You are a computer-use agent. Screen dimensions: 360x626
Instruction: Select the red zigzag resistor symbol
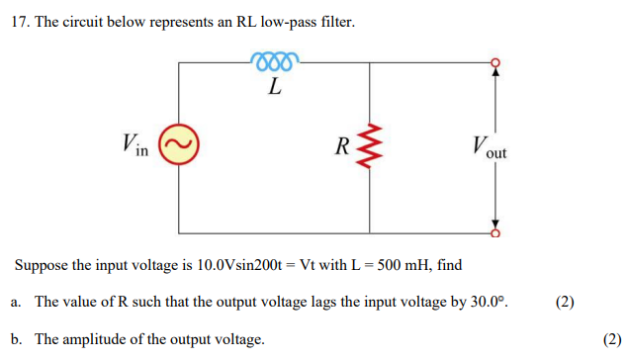[369, 147]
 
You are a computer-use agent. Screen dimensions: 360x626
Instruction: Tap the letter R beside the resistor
[342, 148]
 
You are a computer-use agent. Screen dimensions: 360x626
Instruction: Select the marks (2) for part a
[565, 301]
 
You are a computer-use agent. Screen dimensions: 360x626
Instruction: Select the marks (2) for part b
[611, 339]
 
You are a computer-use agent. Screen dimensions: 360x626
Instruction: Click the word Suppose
[41, 266]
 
